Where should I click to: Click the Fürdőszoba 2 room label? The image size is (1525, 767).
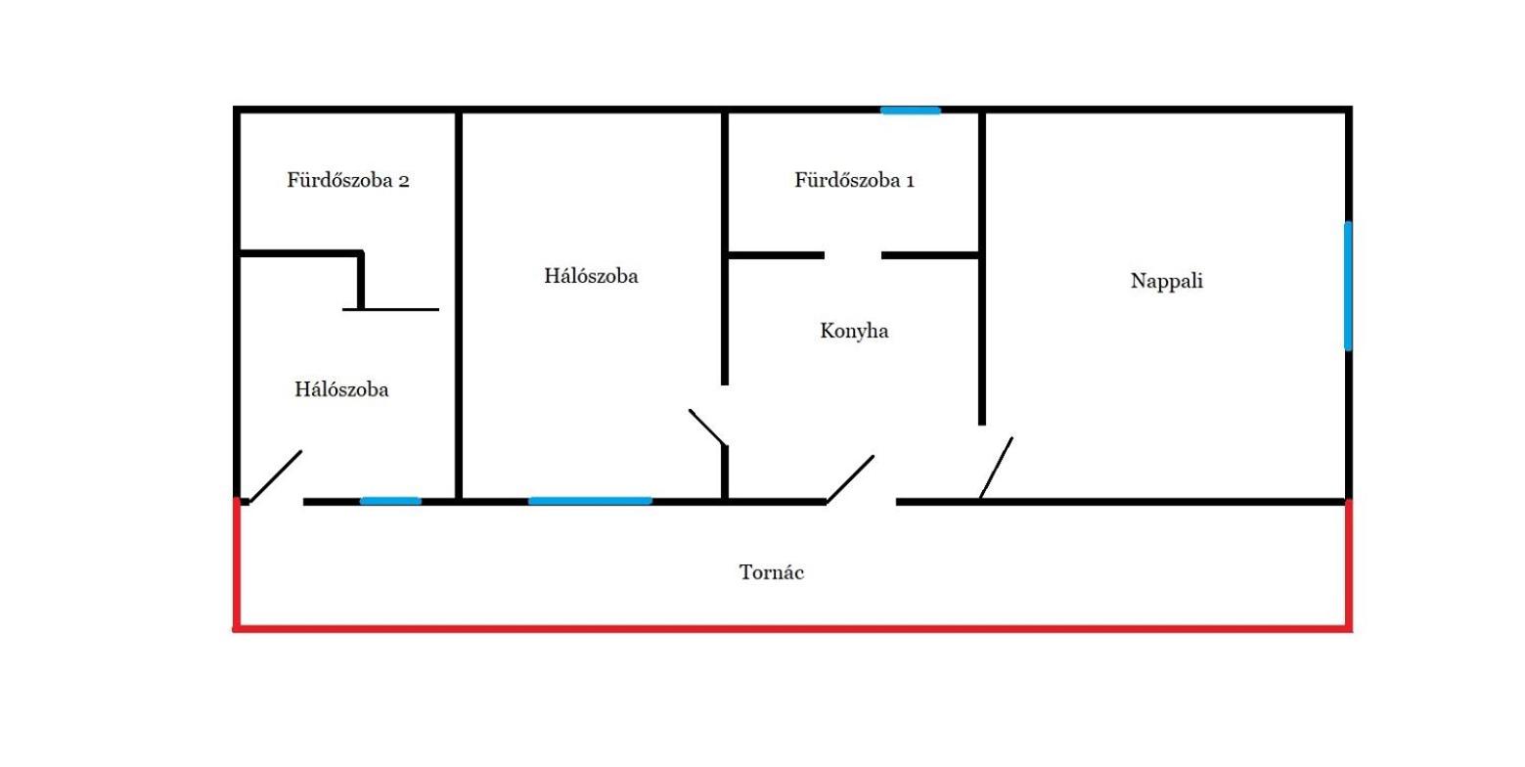coord(348,180)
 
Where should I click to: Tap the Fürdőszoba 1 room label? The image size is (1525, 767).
coord(854,180)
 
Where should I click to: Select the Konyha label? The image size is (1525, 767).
coord(854,331)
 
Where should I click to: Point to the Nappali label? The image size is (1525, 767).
coord(1166,282)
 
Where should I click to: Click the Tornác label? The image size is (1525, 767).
coord(772,572)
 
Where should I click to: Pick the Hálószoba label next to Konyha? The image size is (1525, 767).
coord(591,276)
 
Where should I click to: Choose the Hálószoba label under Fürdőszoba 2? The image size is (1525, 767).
coord(341,389)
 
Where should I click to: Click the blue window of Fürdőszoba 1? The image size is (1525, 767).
coord(911,111)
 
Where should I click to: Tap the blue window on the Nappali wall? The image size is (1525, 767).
coord(1348,286)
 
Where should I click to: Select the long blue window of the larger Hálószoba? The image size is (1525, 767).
coord(590,501)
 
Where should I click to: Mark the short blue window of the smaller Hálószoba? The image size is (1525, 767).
coord(390,501)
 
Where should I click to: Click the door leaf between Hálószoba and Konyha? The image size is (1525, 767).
coord(708,428)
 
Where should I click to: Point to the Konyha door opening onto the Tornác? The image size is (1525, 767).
coord(850,479)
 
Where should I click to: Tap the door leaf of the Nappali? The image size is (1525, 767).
coord(996,468)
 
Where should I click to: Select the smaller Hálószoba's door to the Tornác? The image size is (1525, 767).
coord(276,476)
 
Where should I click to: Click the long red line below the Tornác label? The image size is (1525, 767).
coord(792,628)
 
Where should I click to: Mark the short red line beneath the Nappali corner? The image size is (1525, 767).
coord(1349,564)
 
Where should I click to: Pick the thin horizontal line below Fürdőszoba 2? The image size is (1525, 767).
coord(390,310)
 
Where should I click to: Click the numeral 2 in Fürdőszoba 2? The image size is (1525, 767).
coord(404,181)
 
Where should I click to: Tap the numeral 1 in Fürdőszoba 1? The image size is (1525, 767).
coord(910,181)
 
